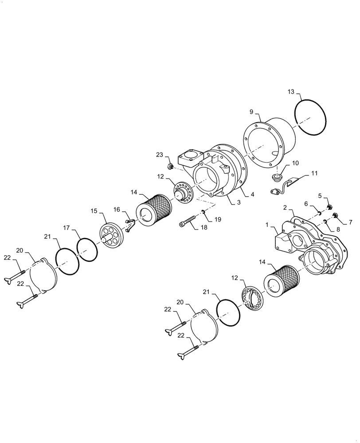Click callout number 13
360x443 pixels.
291,92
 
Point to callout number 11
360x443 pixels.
315,175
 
